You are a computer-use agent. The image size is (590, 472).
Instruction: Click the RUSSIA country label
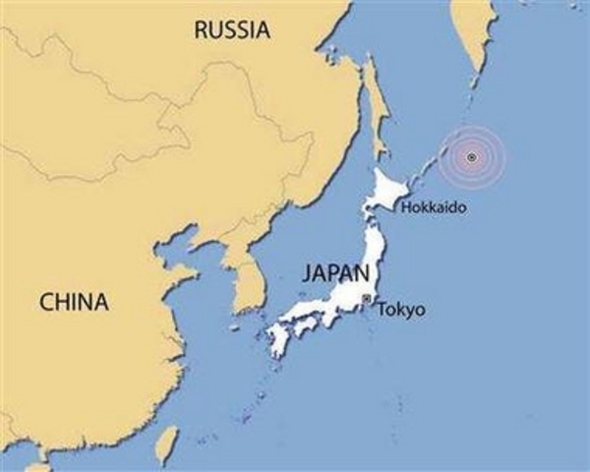point(232,29)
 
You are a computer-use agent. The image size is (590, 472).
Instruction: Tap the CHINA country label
point(74,302)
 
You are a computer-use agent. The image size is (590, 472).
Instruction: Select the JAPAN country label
point(336,272)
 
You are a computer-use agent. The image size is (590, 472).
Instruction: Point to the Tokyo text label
point(402,310)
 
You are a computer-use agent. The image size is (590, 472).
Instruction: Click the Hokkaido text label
point(432,208)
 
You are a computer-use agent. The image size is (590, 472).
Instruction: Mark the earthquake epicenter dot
point(472,157)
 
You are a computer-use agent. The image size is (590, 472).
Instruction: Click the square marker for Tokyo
point(366,298)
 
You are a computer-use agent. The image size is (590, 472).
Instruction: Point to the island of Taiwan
point(167,442)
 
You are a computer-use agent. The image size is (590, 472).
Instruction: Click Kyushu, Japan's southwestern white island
point(278,340)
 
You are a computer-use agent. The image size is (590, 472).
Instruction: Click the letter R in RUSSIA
point(201,29)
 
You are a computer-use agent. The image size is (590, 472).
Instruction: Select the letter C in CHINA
point(46,302)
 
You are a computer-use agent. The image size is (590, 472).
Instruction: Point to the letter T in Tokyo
point(383,310)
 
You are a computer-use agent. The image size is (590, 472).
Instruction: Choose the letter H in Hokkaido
point(404,208)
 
